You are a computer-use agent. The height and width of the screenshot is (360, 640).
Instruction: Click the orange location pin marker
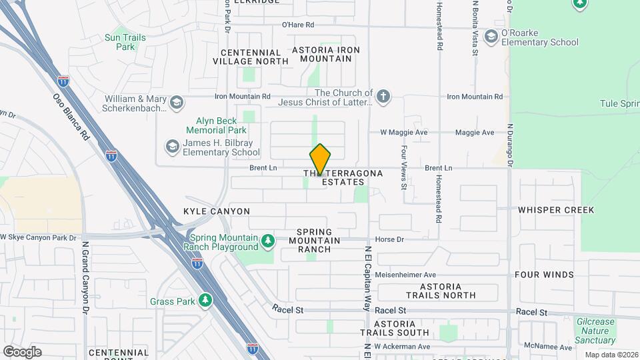point(320,159)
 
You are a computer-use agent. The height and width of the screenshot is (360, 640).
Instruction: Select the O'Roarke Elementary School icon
point(492,35)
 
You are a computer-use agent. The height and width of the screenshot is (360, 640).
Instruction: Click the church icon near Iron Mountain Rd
point(383,97)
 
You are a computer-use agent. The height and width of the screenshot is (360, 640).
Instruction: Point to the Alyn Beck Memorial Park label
point(212,125)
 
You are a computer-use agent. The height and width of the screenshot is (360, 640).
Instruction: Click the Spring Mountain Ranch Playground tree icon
point(267,240)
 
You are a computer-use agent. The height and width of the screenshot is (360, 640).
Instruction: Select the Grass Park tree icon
point(205,301)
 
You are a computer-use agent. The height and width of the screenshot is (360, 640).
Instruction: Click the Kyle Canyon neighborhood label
point(217,211)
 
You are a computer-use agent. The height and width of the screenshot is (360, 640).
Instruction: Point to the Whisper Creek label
point(555,210)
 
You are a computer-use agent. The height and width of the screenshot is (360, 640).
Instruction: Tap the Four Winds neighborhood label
point(544,275)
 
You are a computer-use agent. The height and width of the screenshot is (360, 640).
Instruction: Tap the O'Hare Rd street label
point(297,25)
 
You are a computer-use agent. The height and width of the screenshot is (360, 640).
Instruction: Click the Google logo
point(22,351)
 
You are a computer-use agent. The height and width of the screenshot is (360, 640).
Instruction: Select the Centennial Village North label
point(251,57)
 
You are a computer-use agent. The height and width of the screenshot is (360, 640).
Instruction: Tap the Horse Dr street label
point(390,239)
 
